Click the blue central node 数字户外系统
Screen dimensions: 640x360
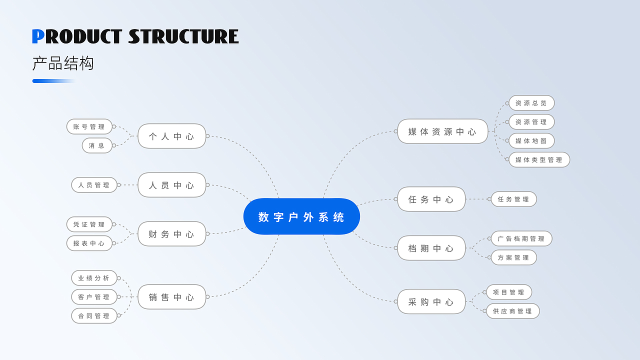[301, 216]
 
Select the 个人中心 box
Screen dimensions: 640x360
[171, 136]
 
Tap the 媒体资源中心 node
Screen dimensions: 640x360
[442, 131]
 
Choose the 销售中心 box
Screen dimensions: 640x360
[171, 297]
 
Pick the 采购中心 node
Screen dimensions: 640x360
[431, 301]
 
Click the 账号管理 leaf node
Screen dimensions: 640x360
[89, 126]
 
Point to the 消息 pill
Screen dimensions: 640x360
[97, 145]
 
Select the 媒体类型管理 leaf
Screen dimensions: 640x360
[539, 159]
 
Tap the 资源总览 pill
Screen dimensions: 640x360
[531, 103]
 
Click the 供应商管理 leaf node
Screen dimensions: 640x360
[513, 311]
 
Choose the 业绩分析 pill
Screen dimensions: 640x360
[94, 278]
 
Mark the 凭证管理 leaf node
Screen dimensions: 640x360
[89, 224]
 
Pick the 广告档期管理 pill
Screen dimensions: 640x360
[521, 238]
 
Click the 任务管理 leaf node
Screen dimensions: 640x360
[513, 199]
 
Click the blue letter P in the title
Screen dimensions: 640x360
[38, 36]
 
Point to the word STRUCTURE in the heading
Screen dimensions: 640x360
[183, 36]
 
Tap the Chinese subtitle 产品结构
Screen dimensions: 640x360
[63, 63]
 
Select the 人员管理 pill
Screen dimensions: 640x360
[94, 185]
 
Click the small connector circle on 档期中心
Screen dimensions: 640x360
[395, 248]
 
